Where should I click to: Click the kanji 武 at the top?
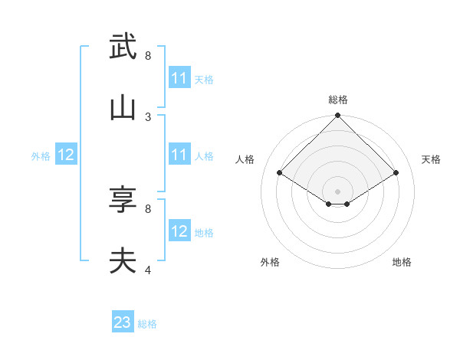(123, 47)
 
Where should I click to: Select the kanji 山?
(123, 108)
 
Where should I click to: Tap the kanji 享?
(123, 200)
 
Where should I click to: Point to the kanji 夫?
(123, 261)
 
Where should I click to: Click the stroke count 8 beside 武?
(148, 56)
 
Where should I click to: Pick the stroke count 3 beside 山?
(148, 117)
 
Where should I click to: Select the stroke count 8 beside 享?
(148, 208)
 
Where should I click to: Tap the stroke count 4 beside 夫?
(148, 270)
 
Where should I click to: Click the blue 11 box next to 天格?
(179, 78)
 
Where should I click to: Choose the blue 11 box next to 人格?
(179, 155)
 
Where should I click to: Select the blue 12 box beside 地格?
(179, 231)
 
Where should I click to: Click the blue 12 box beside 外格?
(66, 155)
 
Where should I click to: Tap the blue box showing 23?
(123, 322)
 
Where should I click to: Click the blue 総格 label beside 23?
(147, 324)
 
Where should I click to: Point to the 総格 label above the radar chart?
(338, 100)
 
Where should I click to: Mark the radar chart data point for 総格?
(338, 116)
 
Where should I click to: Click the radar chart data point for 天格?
(396, 173)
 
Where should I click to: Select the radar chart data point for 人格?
(280, 173)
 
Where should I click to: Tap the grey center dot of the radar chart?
(338, 191)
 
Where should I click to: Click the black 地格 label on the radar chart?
(402, 262)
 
